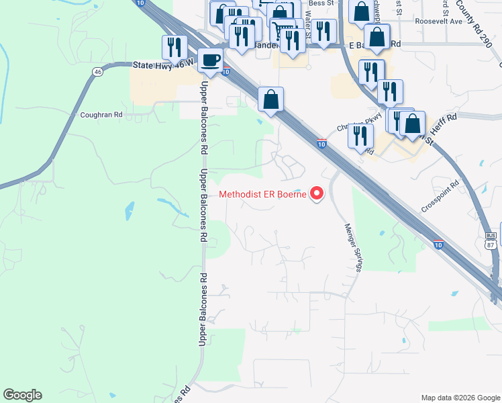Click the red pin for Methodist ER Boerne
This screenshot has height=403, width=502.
click(x=316, y=194)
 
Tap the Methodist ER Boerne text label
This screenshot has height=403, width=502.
click(x=263, y=195)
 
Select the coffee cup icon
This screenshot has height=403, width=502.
click(x=211, y=60)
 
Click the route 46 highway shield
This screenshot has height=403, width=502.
click(x=98, y=71)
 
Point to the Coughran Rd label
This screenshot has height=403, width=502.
click(x=101, y=115)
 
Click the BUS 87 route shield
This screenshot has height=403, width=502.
click(x=491, y=239)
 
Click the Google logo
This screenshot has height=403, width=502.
click(x=22, y=395)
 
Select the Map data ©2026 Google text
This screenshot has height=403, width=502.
click(x=460, y=398)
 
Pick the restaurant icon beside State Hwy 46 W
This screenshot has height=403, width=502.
click(x=174, y=47)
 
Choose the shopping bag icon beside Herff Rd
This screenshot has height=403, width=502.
click(x=413, y=124)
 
